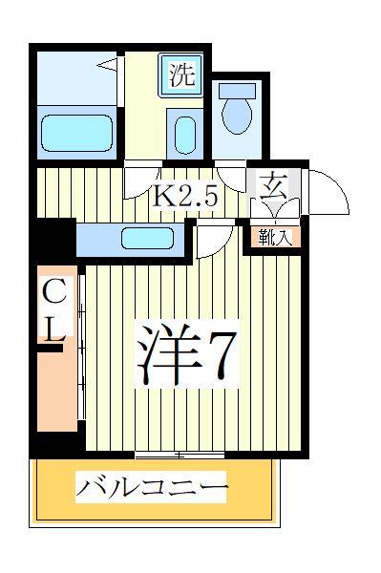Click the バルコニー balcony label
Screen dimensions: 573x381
[x=153, y=490]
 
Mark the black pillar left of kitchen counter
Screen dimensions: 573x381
[x=54, y=240]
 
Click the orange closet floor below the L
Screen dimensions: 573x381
[x=56, y=392]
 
